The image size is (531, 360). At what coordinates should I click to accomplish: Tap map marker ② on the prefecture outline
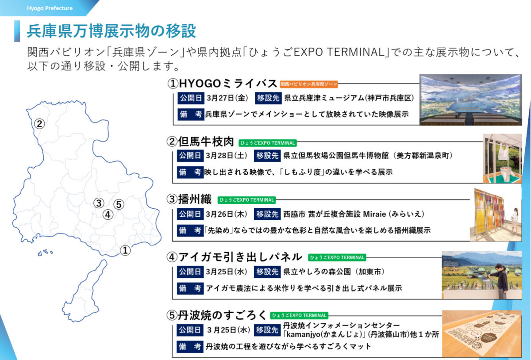[40, 124]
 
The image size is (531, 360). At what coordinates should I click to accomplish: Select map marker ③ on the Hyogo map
[99, 203]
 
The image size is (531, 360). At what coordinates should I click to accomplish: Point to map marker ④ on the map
[108, 215]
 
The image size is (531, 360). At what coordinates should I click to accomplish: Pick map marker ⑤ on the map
[118, 204]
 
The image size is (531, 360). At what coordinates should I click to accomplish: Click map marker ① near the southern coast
[126, 251]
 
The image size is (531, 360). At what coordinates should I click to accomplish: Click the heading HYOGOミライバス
[222, 84]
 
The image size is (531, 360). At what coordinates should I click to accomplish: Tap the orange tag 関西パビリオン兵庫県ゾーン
[309, 84]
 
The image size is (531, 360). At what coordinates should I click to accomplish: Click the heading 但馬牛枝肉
[200, 142]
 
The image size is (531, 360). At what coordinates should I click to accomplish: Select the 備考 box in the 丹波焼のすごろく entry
[190, 346]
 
